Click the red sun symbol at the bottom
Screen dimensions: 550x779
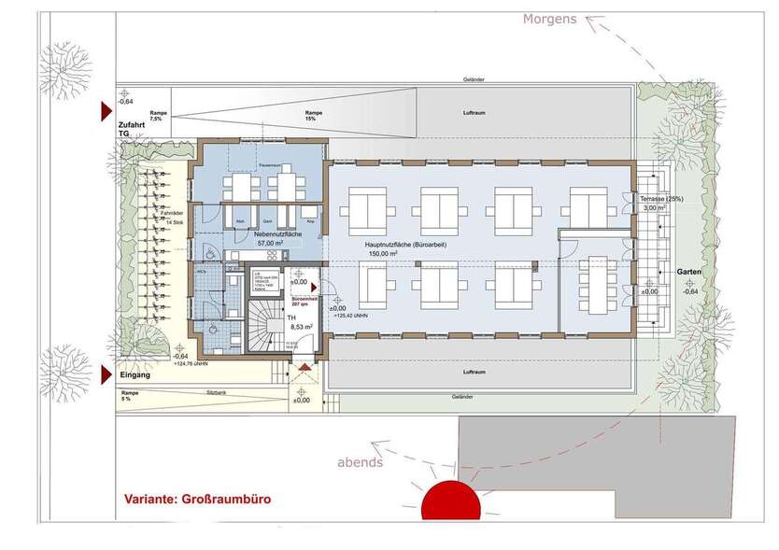(451, 501)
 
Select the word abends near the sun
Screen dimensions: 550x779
(360, 462)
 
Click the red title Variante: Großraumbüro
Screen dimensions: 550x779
(197, 500)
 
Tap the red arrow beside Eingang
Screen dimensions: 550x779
(105, 375)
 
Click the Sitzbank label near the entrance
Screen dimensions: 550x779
(218, 393)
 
